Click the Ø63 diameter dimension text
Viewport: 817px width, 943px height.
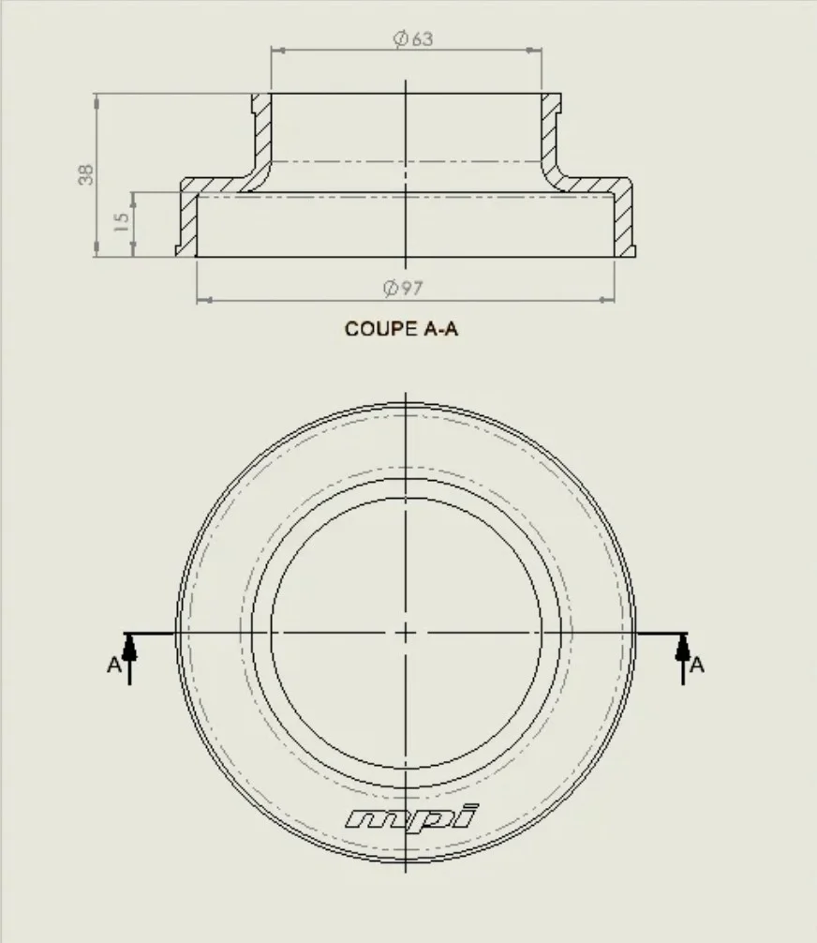point(413,39)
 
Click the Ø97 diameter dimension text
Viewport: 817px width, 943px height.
point(403,288)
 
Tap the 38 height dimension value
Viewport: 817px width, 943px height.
point(86,174)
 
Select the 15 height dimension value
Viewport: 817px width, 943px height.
point(122,222)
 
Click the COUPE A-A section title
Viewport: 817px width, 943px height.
point(401,329)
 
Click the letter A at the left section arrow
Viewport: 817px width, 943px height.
point(113,666)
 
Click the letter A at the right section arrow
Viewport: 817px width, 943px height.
point(697,666)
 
